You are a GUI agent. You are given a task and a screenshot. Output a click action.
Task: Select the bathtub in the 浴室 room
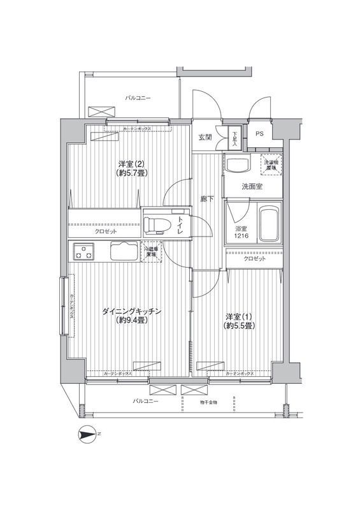tap(269, 224)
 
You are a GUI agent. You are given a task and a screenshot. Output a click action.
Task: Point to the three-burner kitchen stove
tap(83, 252)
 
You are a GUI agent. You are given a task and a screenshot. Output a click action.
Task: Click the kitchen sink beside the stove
tap(122, 252)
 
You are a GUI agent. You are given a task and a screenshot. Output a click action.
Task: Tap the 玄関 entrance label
tap(205, 137)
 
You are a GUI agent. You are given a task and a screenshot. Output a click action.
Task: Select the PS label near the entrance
tap(259, 134)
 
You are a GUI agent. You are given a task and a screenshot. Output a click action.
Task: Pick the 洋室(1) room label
tap(240, 321)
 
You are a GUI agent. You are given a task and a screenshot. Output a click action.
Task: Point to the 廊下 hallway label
tap(208, 198)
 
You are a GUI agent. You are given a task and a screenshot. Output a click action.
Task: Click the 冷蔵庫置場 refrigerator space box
tap(152, 252)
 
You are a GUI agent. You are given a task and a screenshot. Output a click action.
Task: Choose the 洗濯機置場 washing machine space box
tap(273, 164)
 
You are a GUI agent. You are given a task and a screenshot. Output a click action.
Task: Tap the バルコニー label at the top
tap(138, 98)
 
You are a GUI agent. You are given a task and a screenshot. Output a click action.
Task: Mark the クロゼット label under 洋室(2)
tap(105, 231)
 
